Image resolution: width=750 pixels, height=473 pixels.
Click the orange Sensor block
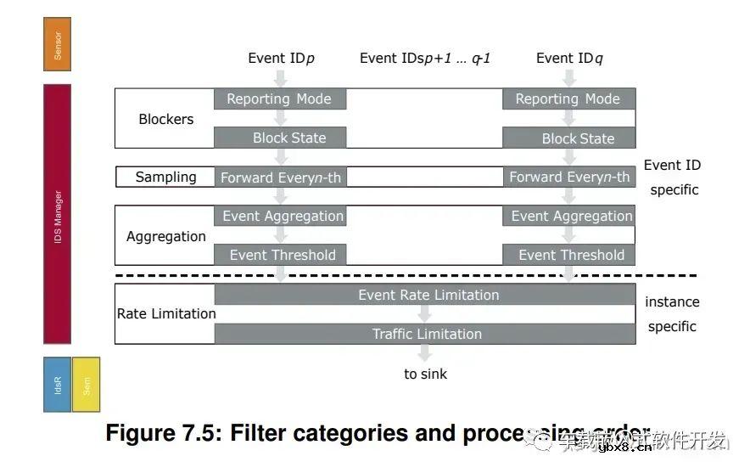pyautogui.click(x=57, y=44)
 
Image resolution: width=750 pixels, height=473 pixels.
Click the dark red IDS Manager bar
pyautogui.click(x=57, y=213)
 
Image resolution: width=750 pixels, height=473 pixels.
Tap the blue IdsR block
pyautogui.click(x=57, y=385)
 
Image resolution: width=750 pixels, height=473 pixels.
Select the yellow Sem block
pyautogui.click(x=86, y=385)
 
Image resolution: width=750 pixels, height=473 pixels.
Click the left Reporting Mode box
pyautogui.click(x=280, y=99)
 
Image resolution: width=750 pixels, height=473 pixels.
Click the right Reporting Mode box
pyautogui.click(x=568, y=99)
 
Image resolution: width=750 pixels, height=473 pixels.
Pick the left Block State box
pyautogui.click(x=280, y=138)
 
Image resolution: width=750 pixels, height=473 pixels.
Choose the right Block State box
pyautogui.click(x=568, y=138)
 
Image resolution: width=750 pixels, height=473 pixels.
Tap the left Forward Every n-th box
pyautogui.click(x=280, y=177)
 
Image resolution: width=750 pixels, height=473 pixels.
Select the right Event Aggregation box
pyautogui.click(x=568, y=216)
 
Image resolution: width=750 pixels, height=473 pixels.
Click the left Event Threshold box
pyautogui.click(x=280, y=255)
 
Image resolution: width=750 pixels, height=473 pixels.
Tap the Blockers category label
pyautogui.click(x=165, y=119)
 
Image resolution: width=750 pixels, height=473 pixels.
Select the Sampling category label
pyautogui.click(x=165, y=177)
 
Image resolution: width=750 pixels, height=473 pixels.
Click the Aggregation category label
pyautogui.click(x=165, y=236)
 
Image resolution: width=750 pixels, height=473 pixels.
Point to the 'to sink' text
pyautogui.click(x=425, y=374)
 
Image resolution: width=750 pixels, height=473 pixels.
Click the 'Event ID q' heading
pyautogui.click(x=569, y=58)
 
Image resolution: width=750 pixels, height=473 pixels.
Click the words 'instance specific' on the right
pyautogui.click(x=672, y=313)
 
